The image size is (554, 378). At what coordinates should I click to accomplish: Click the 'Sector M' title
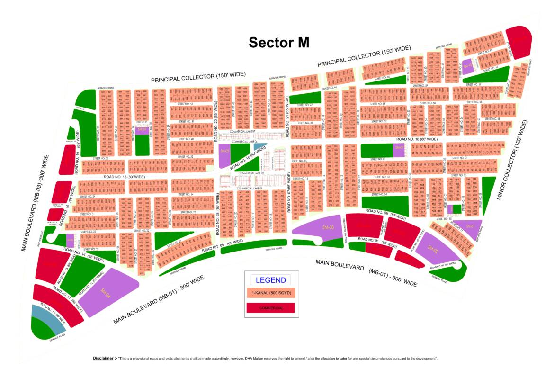pos(279,43)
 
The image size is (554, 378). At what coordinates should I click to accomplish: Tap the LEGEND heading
pos(270,280)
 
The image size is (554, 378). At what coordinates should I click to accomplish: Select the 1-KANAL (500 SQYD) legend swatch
pos(270,293)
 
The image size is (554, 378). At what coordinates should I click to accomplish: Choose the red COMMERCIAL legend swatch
pos(270,308)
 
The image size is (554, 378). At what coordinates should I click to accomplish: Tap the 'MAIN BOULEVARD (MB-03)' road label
pos(35,202)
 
